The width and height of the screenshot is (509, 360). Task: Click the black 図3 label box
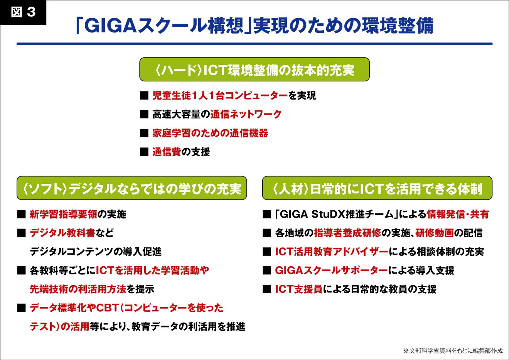click(x=23, y=12)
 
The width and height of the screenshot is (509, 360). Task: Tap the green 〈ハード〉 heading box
click(x=254, y=69)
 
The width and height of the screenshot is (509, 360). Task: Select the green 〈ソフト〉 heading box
click(x=132, y=188)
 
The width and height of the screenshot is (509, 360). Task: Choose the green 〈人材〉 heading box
click(x=377, y=188)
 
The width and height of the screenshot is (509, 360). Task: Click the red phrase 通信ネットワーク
click(x=246, y=114)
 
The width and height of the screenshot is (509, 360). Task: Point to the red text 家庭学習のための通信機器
click(x=210, y=133)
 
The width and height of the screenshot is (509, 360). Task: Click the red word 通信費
click(x=167, y=152)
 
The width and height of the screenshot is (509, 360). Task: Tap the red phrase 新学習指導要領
click(x=63, y=214)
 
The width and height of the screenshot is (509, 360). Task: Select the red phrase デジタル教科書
click(x=62, y=233)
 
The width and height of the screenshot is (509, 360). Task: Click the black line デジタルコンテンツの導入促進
click(x=96, y=252)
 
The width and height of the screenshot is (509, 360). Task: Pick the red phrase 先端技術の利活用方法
click(x=78, y=289)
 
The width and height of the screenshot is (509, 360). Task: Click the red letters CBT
click(x=108, y=308)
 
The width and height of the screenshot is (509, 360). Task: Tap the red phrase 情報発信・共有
click(x=458, y=214)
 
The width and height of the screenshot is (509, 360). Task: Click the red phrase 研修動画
click(x=435, y=233)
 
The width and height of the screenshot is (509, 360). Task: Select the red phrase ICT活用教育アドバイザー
click(x=332, y=252)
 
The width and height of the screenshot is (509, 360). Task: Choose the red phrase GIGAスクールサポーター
click(x=331, y=270)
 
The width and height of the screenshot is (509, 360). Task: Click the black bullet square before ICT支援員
click(x=267, y=289)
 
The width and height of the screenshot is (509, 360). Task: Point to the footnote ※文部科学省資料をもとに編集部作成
click(x=453, y=351)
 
